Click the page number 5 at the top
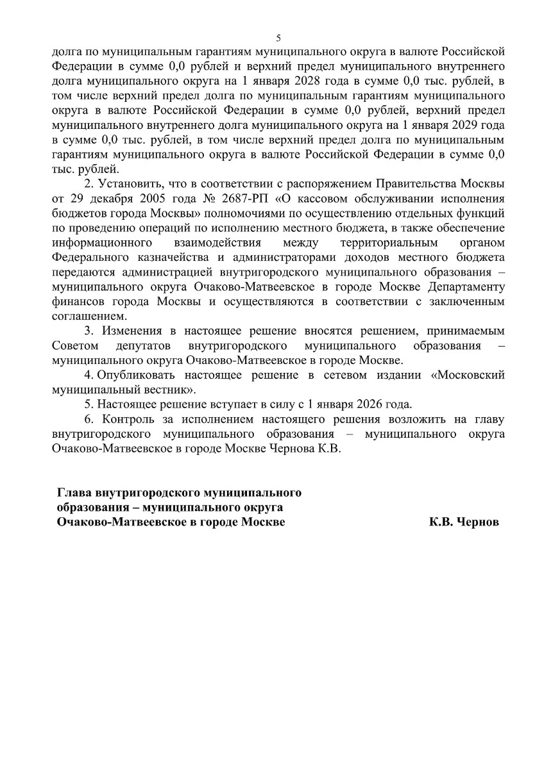click(278, 37)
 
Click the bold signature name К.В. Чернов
click(464, 522)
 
